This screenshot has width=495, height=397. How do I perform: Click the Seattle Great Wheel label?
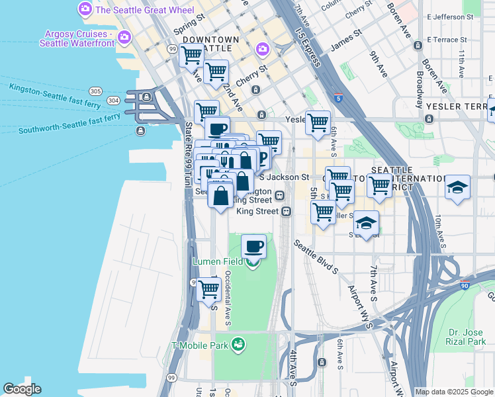click(144, 10)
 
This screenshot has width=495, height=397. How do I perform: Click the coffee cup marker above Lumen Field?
click(254, 247)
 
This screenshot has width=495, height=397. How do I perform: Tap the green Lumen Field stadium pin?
click(252, 263)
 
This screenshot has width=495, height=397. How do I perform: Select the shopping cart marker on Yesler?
click(318, 122)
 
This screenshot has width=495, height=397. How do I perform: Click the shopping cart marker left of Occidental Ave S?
click(209, 289)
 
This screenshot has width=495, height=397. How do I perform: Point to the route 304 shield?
click(114, 101)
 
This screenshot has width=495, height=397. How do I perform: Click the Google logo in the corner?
click(22, 389)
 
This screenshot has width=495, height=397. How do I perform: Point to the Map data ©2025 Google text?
click(453, 392)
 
